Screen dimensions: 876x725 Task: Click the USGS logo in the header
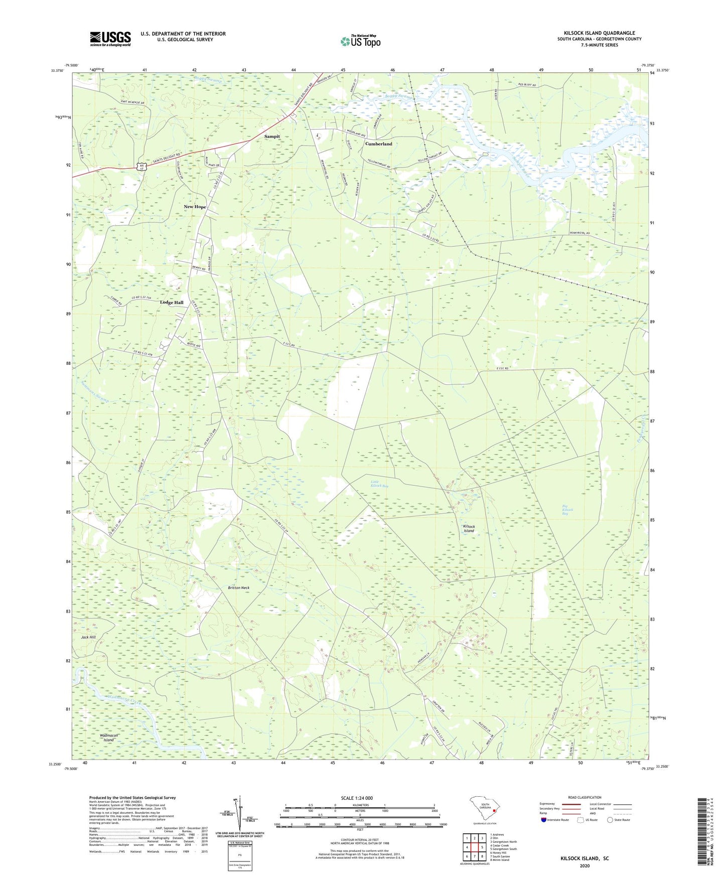tap(110, 39)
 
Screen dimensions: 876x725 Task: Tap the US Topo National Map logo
tap(360, 41)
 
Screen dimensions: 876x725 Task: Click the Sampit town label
tap(272, 136)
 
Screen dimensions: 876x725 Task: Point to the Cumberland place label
tap(378, 144)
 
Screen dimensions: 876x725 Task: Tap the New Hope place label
tap(195, 207)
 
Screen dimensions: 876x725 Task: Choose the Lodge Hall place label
tap(172, 303)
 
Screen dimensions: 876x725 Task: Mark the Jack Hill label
tap(88, 637)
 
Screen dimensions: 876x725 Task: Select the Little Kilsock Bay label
tap(379, 484)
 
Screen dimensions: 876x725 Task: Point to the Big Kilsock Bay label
tap(567, 511)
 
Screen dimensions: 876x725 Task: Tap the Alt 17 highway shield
tap(143, 166)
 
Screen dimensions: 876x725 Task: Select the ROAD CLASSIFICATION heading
tap(585, 797)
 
